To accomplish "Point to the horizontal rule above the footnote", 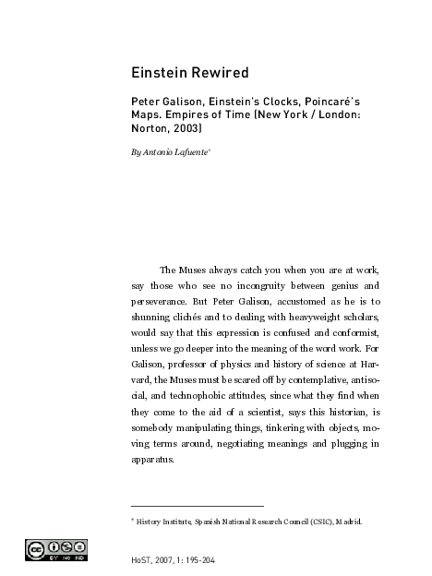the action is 198,506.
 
